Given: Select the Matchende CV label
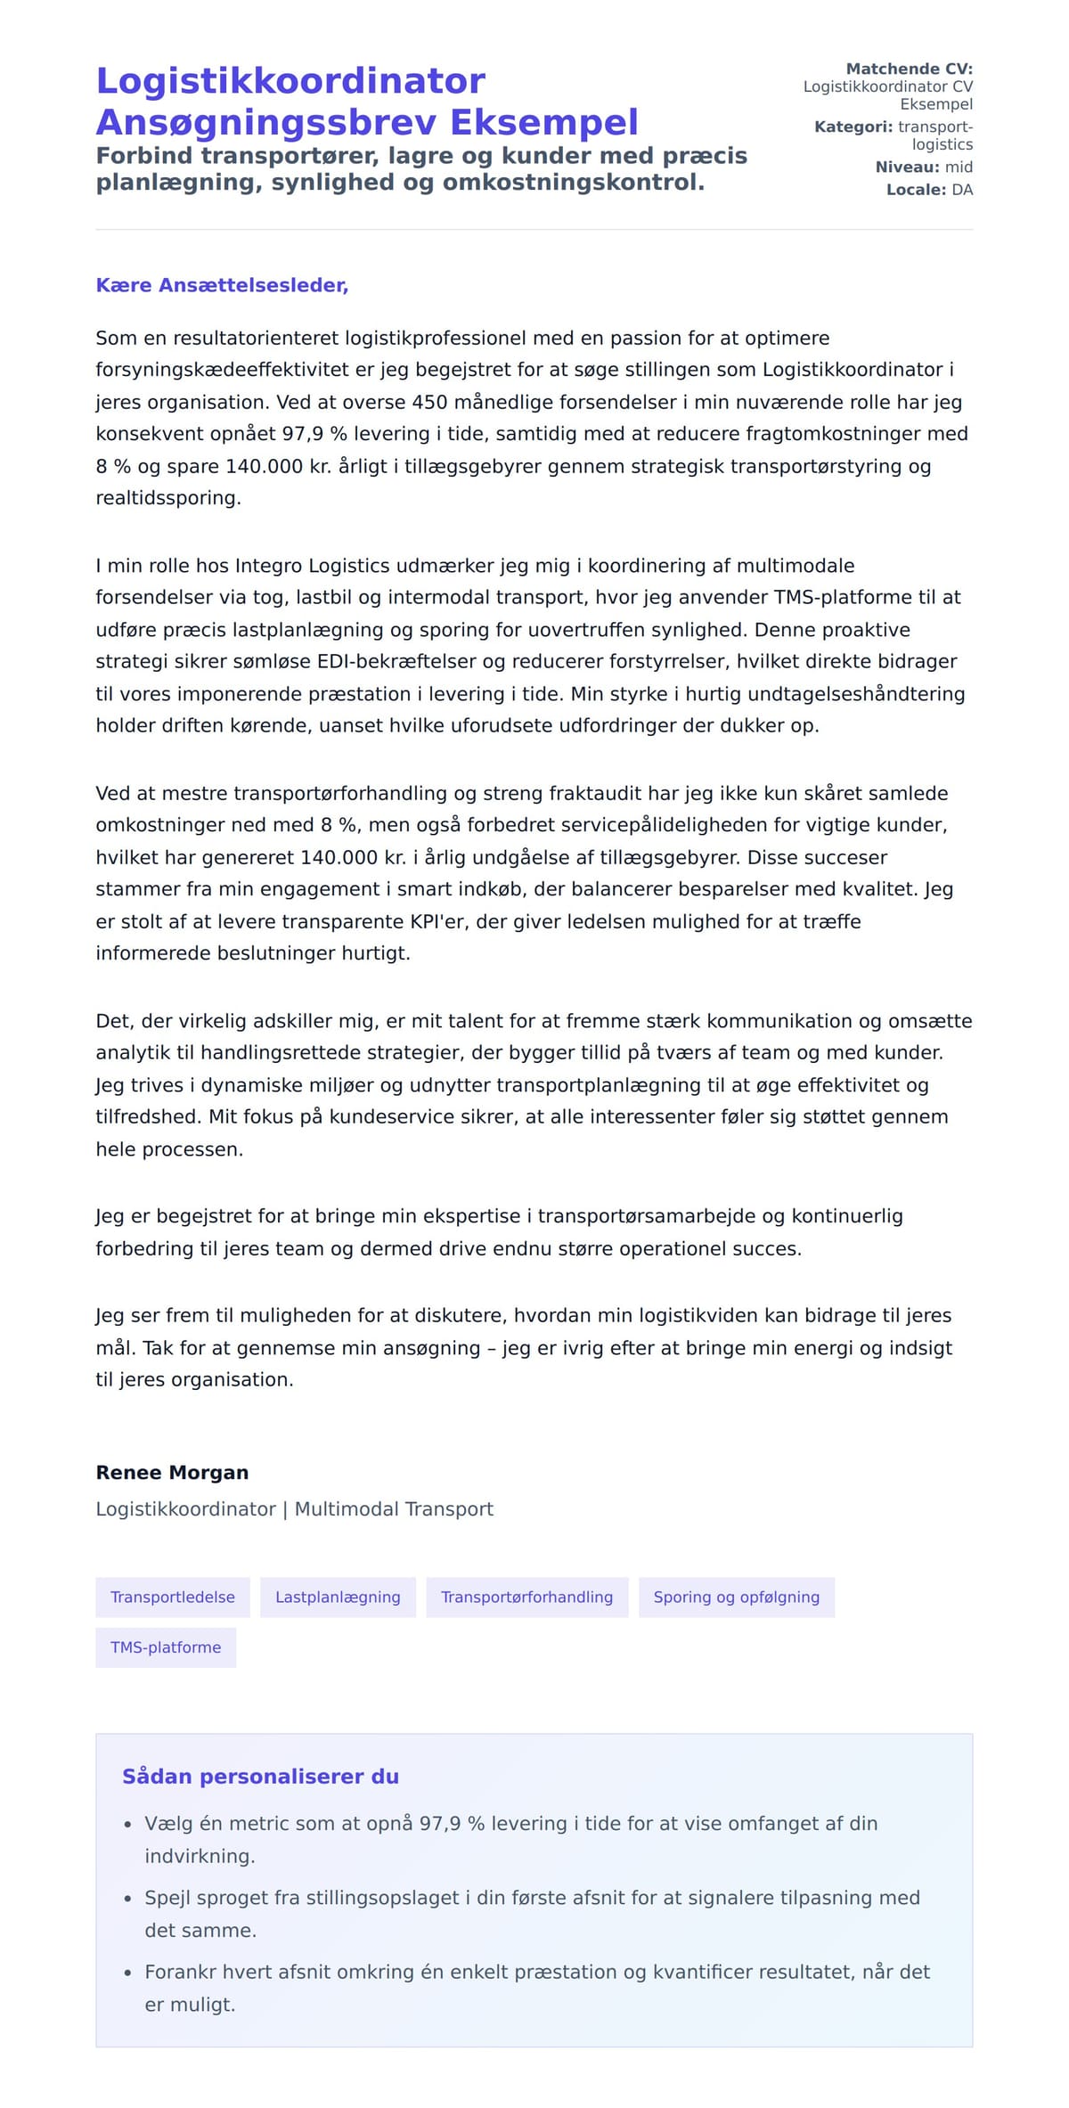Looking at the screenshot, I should (909, 69).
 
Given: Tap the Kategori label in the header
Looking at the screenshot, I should (853, 127).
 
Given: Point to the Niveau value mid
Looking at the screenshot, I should (959, 167).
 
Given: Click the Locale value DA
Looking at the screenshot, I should (962, 190).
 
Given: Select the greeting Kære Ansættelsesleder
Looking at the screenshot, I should (222, 285).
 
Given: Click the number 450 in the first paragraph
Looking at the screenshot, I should (429, 402).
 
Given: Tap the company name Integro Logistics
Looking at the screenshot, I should (312, 566).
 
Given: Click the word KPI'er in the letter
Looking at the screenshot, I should (437, 921).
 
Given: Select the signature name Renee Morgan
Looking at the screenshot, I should (172, 1472).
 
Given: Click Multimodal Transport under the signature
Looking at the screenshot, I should (394, 1508).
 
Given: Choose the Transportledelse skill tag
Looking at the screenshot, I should (173, 1597).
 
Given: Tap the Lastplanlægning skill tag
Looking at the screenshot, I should (338, 1597).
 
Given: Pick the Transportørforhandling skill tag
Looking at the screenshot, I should (526, 1597).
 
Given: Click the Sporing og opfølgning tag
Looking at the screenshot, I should (736, 1597).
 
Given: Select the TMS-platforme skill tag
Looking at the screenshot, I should (166, 1647).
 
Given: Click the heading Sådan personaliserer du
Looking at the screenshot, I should (260, 1776).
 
